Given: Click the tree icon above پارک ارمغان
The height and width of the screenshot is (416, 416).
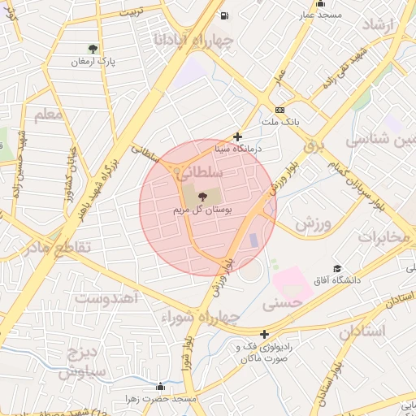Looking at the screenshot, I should [93, 49].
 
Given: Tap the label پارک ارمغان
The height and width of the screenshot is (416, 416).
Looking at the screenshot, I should [93, 62].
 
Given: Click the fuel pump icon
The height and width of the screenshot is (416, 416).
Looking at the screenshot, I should [223, 15].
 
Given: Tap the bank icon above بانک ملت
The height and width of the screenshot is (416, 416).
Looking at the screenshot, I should [280, 110].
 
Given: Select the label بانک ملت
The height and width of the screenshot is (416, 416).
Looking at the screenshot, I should [280, 123].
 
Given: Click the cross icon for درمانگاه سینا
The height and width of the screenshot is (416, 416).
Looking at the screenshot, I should [237, 137].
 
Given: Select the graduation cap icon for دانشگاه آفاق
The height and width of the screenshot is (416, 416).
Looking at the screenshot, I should [337, 269].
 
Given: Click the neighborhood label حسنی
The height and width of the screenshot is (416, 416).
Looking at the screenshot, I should [284, 302].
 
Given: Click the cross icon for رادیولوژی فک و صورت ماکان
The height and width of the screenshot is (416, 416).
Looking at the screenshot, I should [264, 334].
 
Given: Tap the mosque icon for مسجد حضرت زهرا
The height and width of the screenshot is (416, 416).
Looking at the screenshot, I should [160, 387].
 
